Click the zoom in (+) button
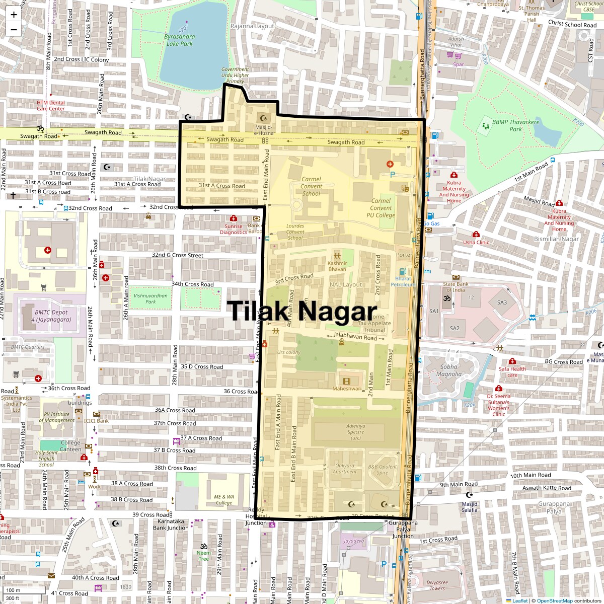[x=14, y=15]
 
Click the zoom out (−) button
[x=14, y=29]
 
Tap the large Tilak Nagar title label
[x=302, y=311]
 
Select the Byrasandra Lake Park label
[x=179, y=40]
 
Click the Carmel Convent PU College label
[x=381, y=208]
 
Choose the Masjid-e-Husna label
[x=264, y=130]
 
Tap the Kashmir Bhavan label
[x=337, y=266]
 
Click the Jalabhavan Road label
[x=355, y=336]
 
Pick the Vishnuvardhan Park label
[x=150, y=298]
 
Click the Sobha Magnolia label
[x=448, y=370]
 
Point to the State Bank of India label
[x=456, y=287]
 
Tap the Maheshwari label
[x=347, y=389]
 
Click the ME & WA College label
[x=224, y=499]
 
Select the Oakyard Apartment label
[x=345, y=469]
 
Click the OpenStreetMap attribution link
[x=554, y=600]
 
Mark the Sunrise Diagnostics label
[x=233, y=229]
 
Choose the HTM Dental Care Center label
[x=50, y=105]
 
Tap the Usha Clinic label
[x=476, y=242]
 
